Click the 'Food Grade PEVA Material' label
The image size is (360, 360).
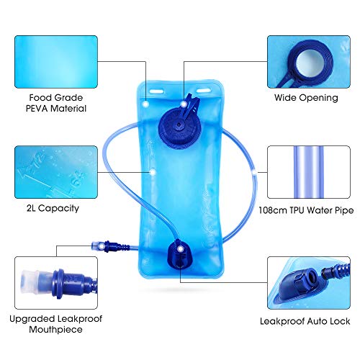(56, 103)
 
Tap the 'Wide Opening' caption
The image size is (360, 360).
(306, 98)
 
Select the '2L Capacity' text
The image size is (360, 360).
(53, 208)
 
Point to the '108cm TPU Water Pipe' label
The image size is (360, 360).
(306, 210)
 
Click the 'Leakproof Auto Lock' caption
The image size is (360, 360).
(305, 321)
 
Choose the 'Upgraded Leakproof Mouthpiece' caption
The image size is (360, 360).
(56, 324)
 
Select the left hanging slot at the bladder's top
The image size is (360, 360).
(157, 91)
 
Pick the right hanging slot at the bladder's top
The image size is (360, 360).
(204, 91)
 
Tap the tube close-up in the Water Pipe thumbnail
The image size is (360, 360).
(309, 172)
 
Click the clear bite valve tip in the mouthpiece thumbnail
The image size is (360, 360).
(30, 282)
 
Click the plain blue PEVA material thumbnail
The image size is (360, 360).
(56, 62)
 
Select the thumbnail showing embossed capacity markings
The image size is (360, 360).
(56, 172)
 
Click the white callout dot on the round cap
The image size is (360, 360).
(184, 104)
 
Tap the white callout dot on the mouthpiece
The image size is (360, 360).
(102, 246)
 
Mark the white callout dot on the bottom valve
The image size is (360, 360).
(180, 249)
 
